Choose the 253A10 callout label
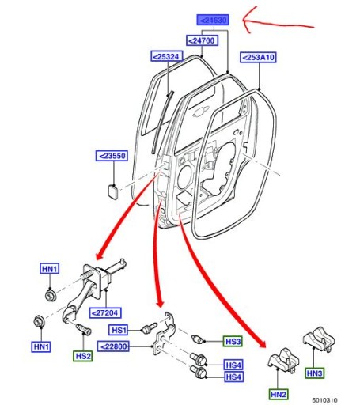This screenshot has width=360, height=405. click(x=260, y=57)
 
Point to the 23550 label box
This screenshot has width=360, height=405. click(x=112, y=156)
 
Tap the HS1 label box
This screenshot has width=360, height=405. click(x=119, y=330)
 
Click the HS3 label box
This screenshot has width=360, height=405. click(x=233, y=341)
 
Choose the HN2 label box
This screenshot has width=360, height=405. click(x=278, y=393)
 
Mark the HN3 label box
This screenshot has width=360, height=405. click(x=315, y=372)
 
